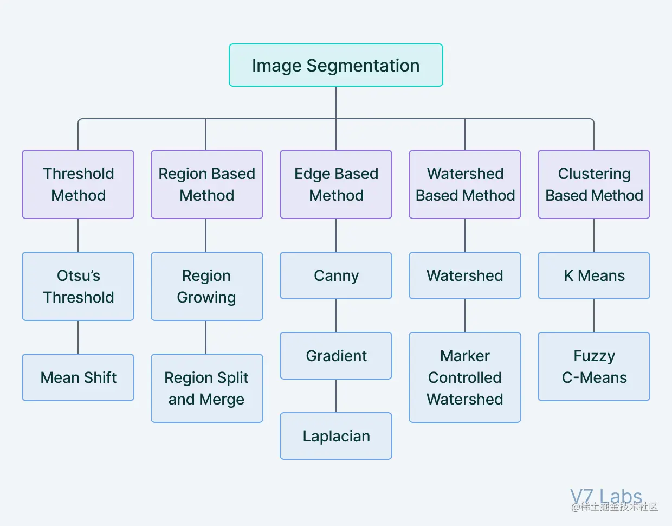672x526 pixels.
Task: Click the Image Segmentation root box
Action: [x=335, y=65]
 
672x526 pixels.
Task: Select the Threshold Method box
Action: [x=78, y=184]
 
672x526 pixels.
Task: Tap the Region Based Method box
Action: [x=206, y=184]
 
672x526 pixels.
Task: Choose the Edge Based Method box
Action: [x=336, y=184]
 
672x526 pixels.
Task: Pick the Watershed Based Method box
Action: [x=465, y=184]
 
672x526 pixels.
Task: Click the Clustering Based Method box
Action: [x=594, y=184]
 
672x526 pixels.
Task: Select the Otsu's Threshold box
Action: [x=78, y=286]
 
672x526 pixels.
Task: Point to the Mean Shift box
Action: [x=78, y=377]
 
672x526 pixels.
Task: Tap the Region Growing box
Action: [x=206, y=286]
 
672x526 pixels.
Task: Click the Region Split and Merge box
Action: [x=206, y=388]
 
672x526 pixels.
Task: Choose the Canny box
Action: [x=336, y=275]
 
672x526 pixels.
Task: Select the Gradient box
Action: [x=336, y=356]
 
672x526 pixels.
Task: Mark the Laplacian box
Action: [x=336, y=436]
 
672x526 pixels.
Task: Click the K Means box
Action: [x=594, y=275]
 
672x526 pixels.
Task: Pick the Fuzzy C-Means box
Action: [x=594, y=367]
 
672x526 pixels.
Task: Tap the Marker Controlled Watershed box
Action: [x=465, y=377]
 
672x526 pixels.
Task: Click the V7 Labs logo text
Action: [x=606, y=496]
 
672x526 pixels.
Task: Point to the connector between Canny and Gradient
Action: [x=336, y=316]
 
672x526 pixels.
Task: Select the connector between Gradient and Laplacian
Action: [x=336, y=396]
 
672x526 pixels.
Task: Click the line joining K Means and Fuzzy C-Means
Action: [x=594, y=316]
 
